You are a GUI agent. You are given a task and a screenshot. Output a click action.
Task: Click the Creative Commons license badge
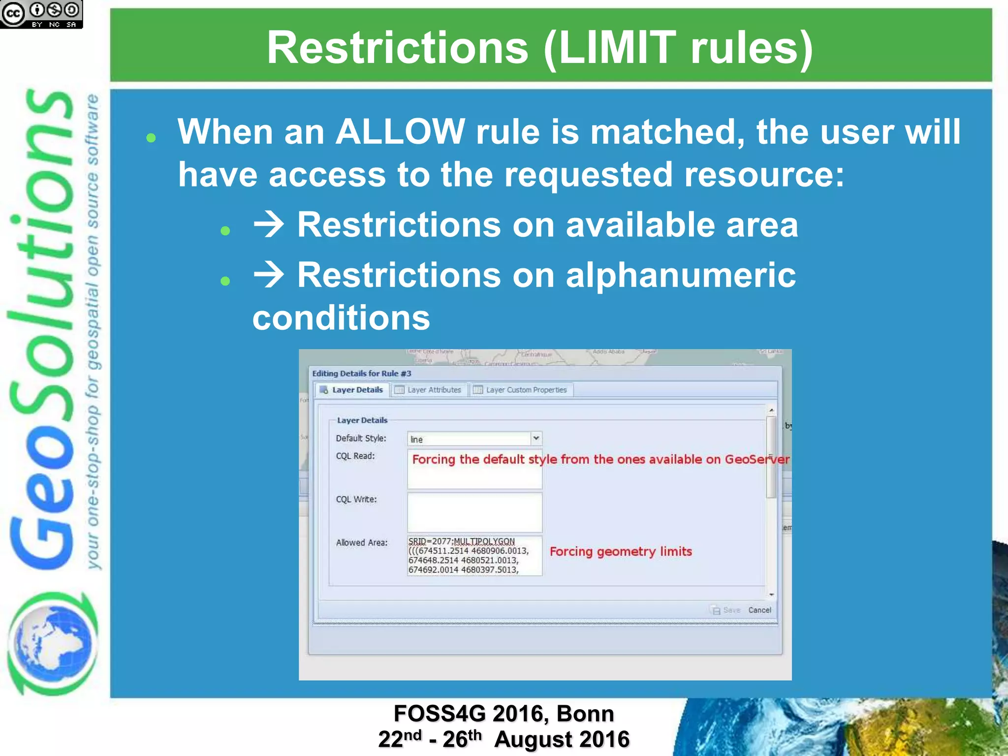click(41, 14)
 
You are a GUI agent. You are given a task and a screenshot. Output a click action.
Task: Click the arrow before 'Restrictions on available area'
click(268, 224)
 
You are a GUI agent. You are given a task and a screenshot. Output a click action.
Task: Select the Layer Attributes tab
click(429, 390)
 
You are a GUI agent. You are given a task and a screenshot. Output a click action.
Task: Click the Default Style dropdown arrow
click(536, 438)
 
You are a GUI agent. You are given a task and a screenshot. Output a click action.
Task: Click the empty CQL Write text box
click(474, 512)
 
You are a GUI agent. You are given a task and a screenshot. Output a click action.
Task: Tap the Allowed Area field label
click(361, 542)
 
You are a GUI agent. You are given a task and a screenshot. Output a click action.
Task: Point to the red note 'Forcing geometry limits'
click(620, 551)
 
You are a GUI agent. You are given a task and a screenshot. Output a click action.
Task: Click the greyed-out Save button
click(726, 610)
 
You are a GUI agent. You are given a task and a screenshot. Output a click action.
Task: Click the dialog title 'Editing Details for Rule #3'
click(361, 374)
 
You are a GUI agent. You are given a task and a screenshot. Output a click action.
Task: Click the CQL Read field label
click(355, 456)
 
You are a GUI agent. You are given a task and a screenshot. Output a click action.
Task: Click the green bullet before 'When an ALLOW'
click(151, 138)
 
